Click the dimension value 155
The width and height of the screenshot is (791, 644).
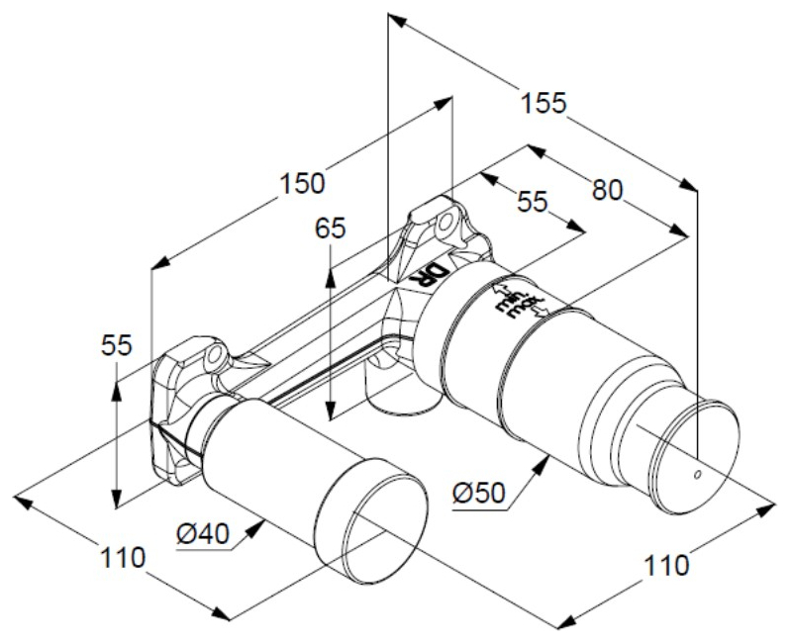click(x=544, y=102)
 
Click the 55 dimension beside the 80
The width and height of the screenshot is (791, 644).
click(x=532, y=201)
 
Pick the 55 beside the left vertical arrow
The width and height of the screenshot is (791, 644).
click(x=118, y=346)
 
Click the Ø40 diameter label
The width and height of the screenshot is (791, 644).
click(x=204, y=533)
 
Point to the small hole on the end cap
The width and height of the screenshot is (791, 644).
click(x=699, y=476)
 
